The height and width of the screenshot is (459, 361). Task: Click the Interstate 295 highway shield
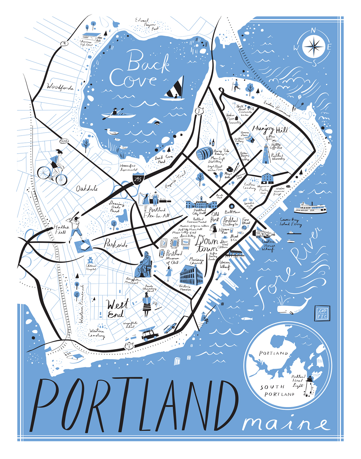click(x=138, y=179)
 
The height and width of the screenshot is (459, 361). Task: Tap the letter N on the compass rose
click(x=313, y=31)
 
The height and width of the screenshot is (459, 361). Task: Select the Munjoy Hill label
click(x=270, y=129)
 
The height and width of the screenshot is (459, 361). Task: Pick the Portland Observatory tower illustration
click(x=265, y=154)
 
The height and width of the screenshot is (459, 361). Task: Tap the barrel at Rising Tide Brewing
click(x=204, y=153)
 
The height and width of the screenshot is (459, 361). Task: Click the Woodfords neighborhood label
click(x=60, y=87)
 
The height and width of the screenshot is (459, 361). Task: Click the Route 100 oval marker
click(x=64, y=141)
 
